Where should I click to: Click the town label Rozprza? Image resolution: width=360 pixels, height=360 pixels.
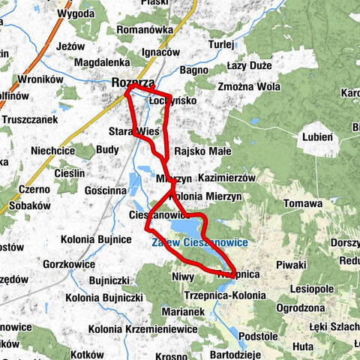coord(133,83)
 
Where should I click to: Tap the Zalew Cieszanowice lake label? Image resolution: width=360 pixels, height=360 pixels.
coord(199,241)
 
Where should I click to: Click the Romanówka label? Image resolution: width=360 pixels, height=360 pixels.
coord(144,30)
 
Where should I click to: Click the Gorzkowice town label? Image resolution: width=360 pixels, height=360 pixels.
coord(68,264)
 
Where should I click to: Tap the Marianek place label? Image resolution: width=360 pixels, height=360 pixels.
coord(181,311)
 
